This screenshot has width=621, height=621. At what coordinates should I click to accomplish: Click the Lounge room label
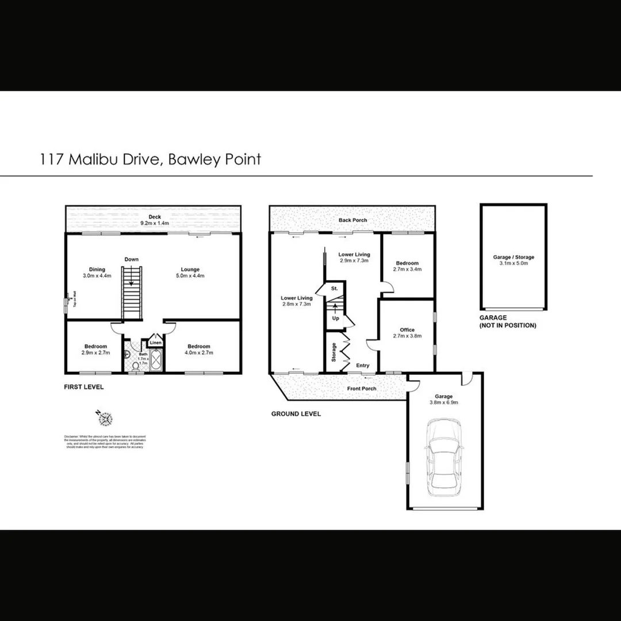[x=190, y=273]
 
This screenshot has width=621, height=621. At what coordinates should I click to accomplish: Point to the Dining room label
[x=97, y=273]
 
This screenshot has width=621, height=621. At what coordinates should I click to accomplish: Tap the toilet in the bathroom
[x=134, y=365]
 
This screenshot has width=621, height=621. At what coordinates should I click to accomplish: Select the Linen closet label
[x=155, y=343]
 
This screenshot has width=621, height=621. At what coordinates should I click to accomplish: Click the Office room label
[x=407, y=333]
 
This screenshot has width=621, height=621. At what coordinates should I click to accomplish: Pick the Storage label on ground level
[x=333, y=352]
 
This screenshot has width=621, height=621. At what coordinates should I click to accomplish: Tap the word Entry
[x=363, y=366]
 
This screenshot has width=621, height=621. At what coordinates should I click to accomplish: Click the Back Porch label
[x=352, y=220]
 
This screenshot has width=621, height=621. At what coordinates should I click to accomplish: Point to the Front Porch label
[x=362, y=389]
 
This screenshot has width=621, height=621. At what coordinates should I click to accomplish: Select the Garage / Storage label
[x=513, y=260]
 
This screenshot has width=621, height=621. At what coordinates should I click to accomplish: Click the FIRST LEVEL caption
[x=84, y=387]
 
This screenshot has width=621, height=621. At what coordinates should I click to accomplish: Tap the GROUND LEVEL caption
[x=296, y=413]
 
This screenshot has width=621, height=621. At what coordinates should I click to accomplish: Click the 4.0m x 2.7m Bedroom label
[x=198, y=349]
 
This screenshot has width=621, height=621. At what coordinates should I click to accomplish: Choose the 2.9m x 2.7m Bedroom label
[x=95, y=349]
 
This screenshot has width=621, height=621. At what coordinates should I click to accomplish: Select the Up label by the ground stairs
[x=335, y=317]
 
